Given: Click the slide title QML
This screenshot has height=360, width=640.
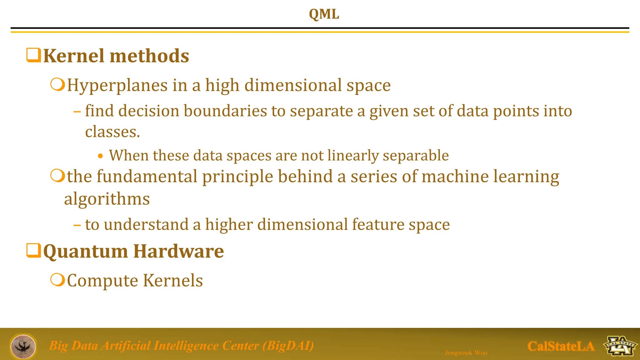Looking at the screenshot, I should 324,14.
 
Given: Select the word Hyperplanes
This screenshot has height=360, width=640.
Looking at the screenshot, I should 117,85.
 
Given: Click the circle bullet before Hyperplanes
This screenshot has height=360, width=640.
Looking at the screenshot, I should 57,84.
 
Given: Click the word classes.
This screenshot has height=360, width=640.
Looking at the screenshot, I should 112,132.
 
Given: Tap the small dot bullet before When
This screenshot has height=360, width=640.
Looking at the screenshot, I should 100,156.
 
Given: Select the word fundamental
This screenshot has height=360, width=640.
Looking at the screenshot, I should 147,176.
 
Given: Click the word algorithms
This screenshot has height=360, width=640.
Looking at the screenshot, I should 107,199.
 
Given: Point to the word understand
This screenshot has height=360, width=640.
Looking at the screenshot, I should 146,225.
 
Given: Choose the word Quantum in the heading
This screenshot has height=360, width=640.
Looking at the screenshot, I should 85,251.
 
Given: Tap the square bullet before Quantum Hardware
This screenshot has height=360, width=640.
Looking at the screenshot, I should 33,250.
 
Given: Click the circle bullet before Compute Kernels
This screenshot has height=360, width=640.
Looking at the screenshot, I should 57,279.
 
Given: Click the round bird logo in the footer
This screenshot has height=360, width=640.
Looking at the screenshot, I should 23,346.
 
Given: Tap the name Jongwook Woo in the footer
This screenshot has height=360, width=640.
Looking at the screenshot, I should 466,353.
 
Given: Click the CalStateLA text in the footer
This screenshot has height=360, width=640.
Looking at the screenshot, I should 561,346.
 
